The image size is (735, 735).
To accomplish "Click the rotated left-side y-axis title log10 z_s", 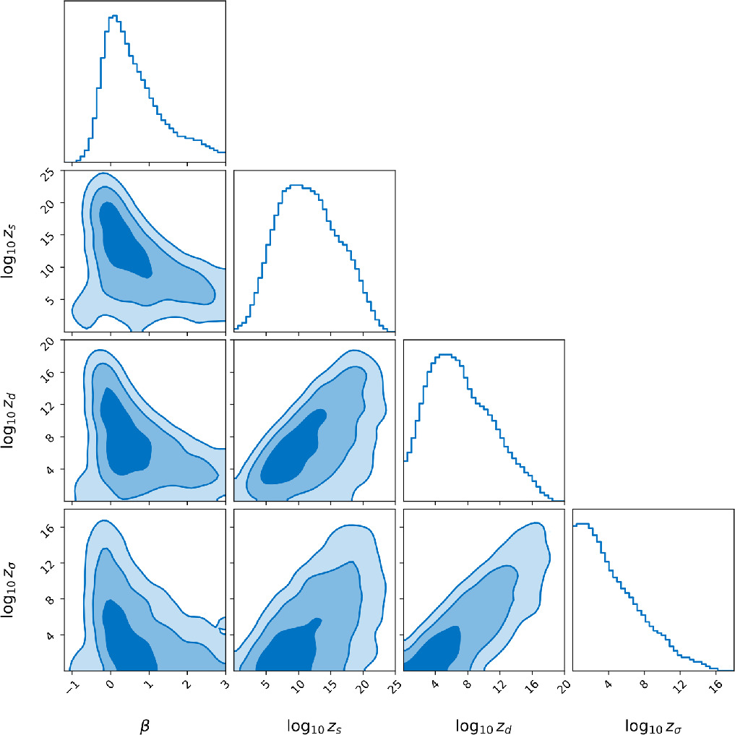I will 15,252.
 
